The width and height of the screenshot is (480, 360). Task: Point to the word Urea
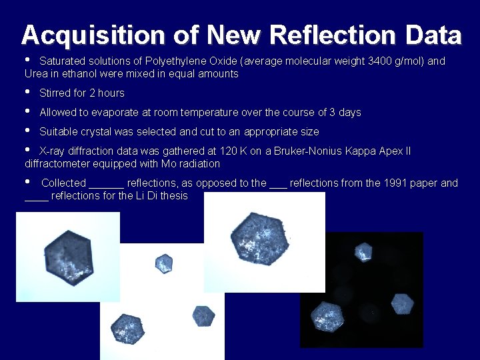(36, 74)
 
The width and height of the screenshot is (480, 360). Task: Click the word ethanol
(91, 74)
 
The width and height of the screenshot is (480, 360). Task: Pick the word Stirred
(55, 93)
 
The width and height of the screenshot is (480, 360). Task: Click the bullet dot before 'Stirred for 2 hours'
(27, 91)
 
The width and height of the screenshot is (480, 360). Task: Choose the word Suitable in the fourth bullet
(58, 132)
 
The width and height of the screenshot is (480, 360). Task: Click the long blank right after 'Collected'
(107, 184)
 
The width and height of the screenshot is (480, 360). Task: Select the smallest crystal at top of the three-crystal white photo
(163, 263)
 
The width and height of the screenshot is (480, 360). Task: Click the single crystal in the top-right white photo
(259, 238)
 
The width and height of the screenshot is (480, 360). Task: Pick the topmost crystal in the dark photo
(363, 252)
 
